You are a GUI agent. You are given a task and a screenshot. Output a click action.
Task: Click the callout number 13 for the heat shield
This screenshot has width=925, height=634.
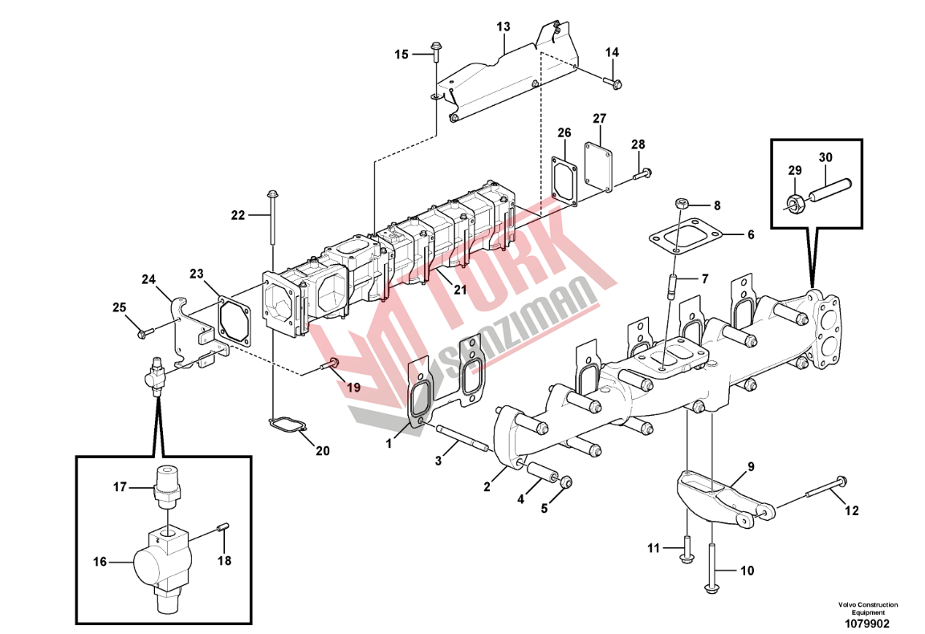pyautogui.click(x=503, y=26)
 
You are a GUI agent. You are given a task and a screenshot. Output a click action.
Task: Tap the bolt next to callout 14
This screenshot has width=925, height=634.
pyautogui.click(x=615, y=81)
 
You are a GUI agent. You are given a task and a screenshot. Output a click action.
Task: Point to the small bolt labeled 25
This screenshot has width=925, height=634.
pyautogui.click(x=144, y=332)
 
